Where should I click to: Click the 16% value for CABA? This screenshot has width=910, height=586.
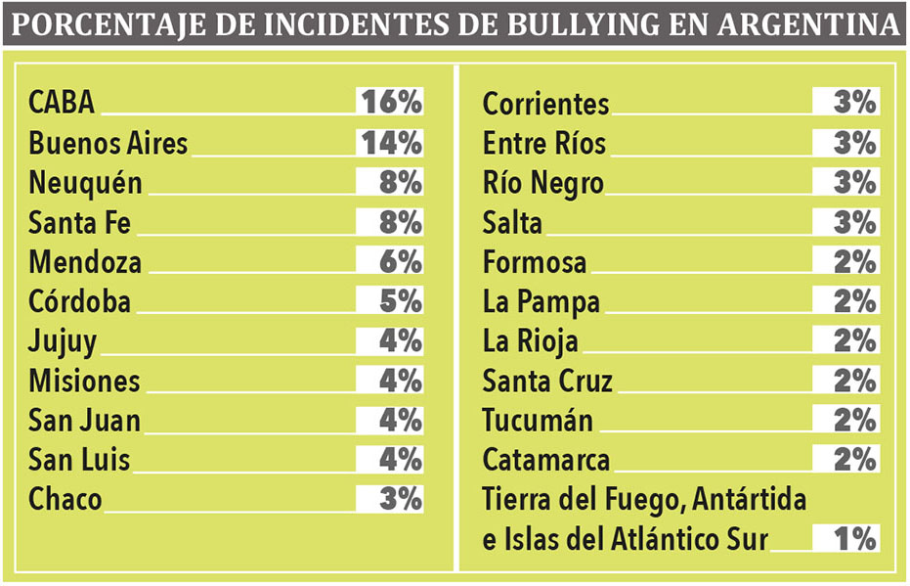[x=390, y=102]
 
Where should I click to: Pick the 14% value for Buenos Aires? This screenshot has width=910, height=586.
[x=390, y=142]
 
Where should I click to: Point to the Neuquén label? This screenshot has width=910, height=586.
[x=86, y=183]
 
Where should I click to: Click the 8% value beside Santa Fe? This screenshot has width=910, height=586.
[x=400, y=222]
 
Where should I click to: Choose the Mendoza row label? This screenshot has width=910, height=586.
[x=85, y=262]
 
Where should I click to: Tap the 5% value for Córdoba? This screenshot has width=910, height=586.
[x=400, y=301]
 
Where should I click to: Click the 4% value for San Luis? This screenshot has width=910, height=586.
[x=400, y=459]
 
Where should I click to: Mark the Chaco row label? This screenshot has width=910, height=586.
[x=65, y=499]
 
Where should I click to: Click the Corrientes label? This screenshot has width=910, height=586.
[x=545, y=103]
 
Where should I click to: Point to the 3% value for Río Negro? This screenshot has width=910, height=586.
[x=855, y=182]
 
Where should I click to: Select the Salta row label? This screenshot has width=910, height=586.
[x=512, y=222]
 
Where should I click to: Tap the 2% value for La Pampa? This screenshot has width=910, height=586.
[x=855, y=301]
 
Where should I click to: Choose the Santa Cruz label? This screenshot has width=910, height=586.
[x=547, y=381]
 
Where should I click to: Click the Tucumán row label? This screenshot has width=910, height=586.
[x=538, y=421]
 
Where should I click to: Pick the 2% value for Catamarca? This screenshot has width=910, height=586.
[x=855, y=459]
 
